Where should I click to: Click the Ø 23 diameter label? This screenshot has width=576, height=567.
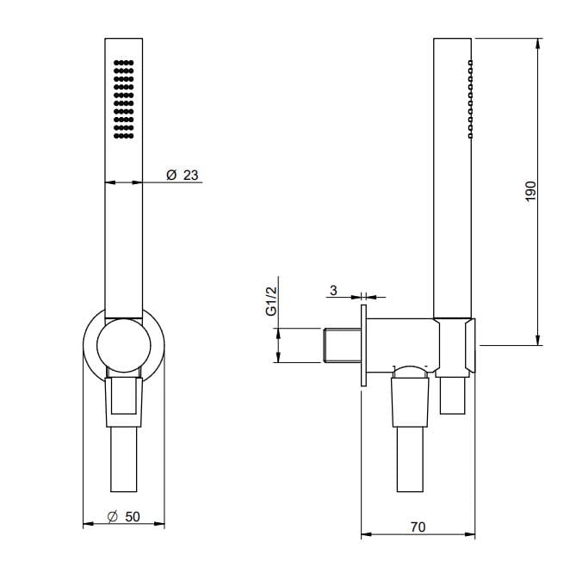point(183,175)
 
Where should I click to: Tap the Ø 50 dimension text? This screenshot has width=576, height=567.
point(123,517)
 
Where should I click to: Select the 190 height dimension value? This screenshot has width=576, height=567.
point(530,191)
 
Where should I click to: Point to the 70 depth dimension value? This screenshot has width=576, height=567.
point(418,527)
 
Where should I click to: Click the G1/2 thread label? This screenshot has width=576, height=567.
point(271,301)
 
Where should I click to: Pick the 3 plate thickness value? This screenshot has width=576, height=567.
point(333,290)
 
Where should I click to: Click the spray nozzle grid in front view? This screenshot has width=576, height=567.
point(123,99)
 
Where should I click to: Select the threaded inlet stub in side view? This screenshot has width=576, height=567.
point(343,345)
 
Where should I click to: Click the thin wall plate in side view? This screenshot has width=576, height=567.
point(363,345)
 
